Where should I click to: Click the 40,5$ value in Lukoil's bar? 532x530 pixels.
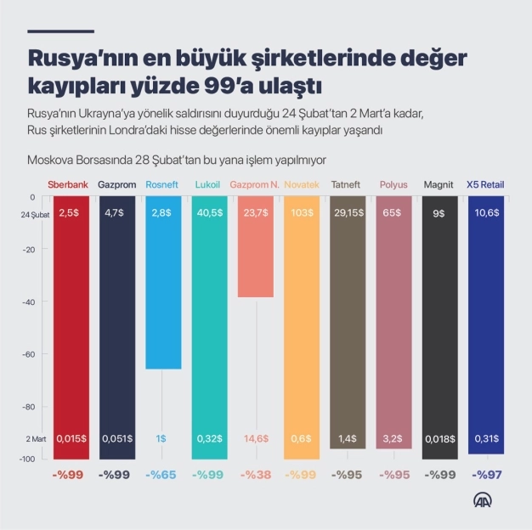(209, 214)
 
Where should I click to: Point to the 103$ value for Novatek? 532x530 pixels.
(302, 214)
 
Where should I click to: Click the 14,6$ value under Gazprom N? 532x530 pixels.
(256, 438)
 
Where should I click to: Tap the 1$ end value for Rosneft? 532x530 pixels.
(162, 438)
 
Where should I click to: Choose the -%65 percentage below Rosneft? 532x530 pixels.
(162, 475)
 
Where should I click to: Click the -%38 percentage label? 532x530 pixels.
(256, 475)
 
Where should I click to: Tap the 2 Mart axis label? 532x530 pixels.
(37, 438)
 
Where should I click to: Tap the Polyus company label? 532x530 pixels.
(393, 184)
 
